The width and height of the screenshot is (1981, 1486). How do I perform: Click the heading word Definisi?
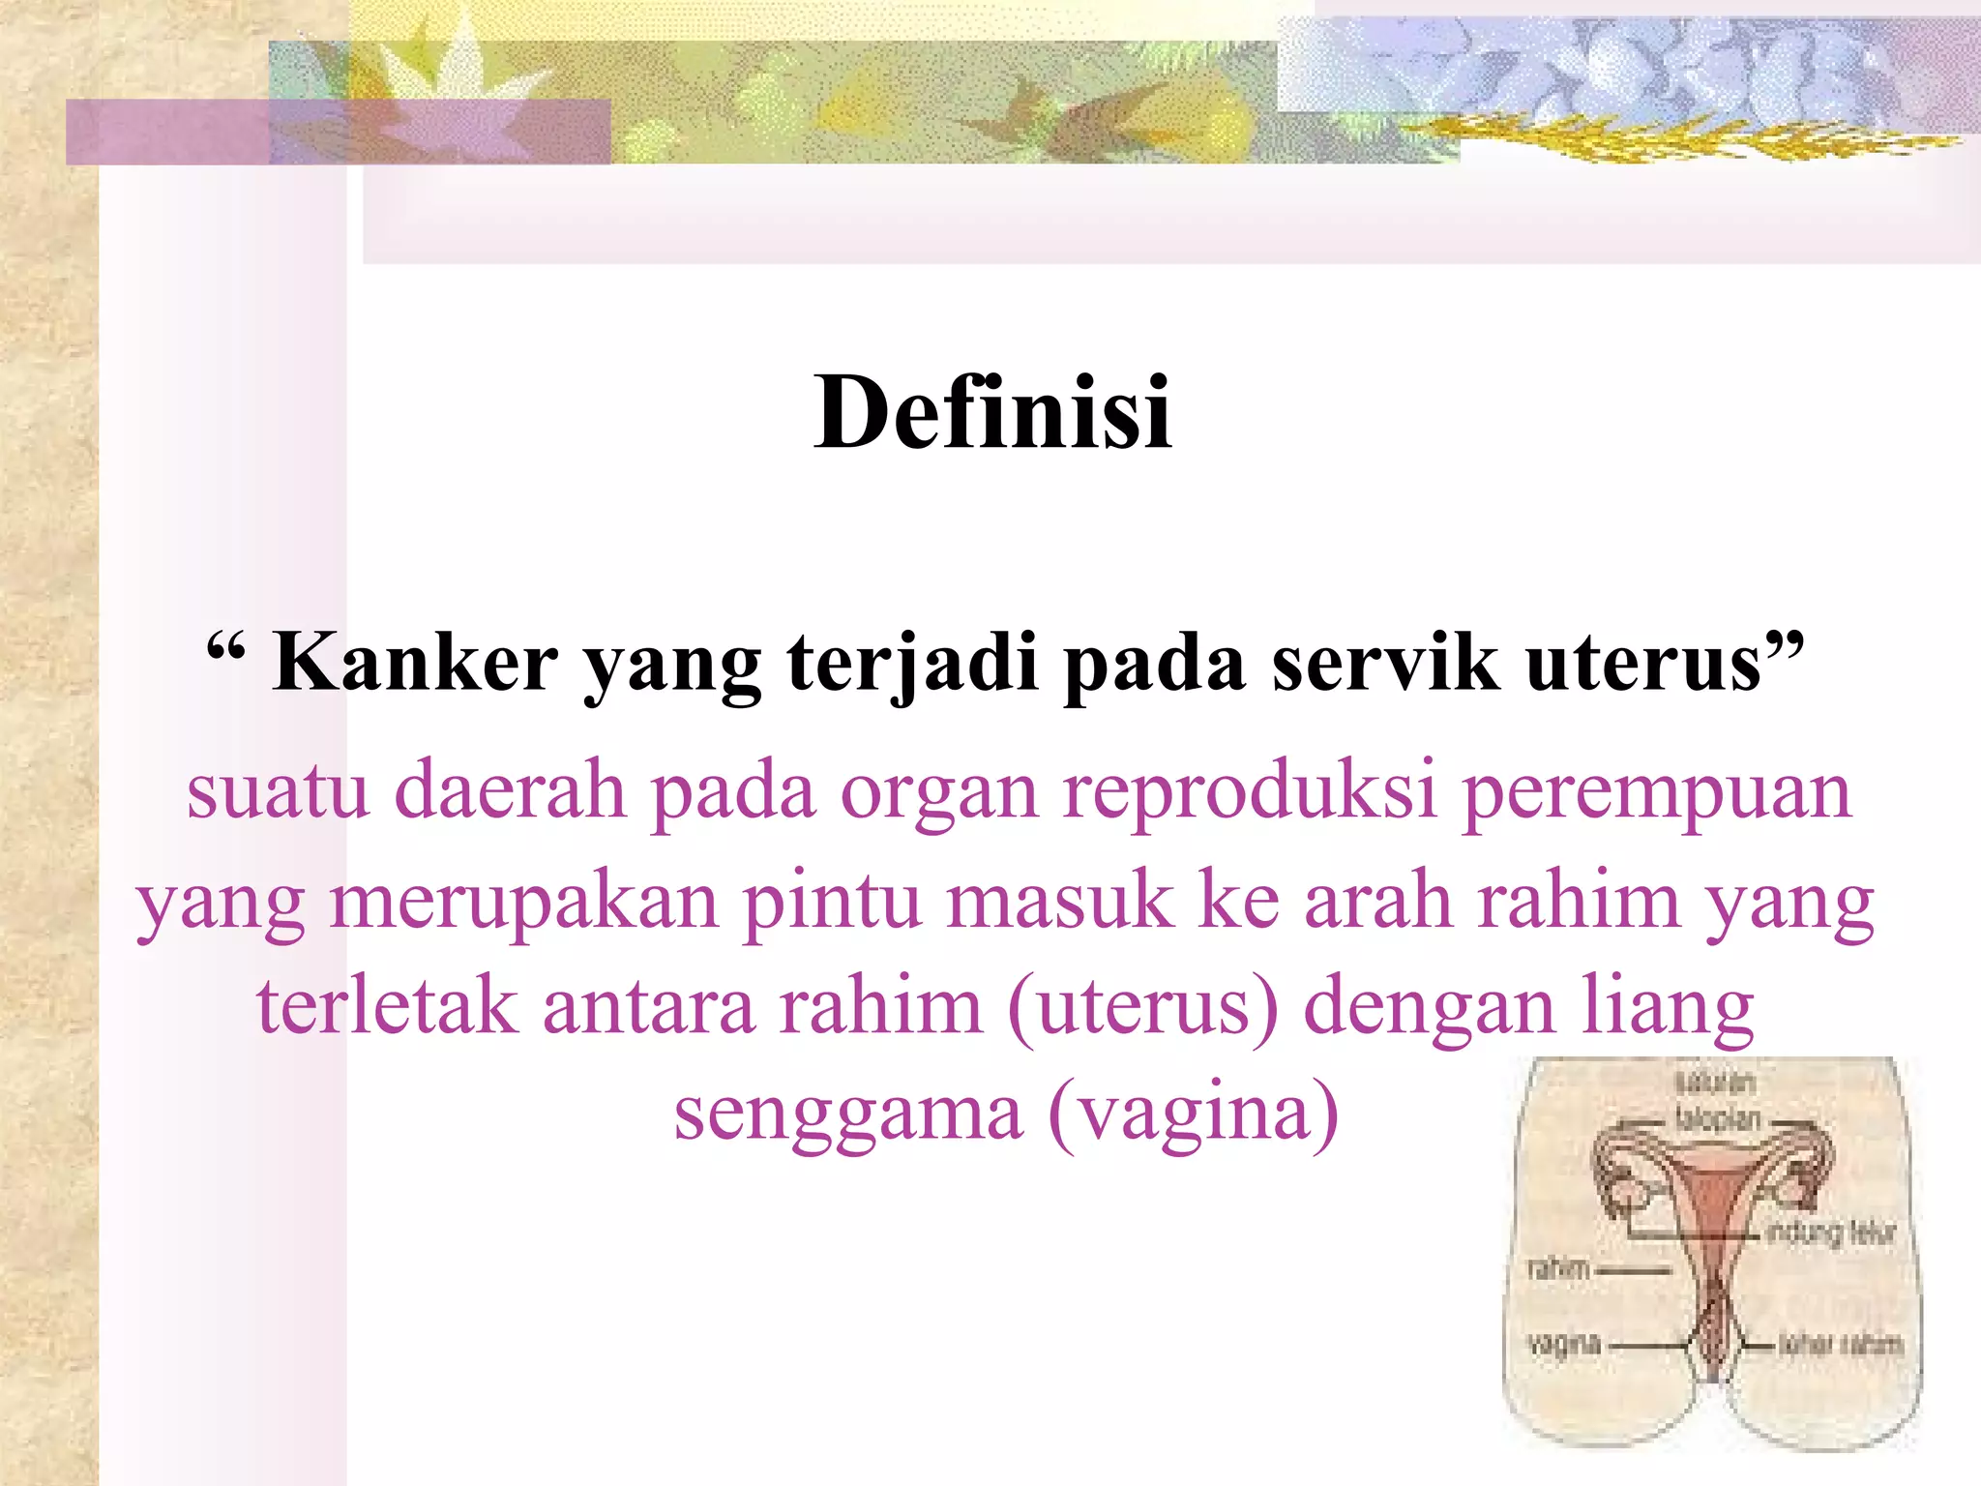992,414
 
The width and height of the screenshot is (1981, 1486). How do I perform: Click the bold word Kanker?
415,663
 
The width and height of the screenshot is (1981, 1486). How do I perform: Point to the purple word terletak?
387,1006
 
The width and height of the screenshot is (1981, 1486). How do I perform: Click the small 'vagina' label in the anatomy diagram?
1563,1344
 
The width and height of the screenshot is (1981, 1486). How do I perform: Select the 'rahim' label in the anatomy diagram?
1559,1268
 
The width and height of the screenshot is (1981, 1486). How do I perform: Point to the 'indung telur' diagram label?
1830,1233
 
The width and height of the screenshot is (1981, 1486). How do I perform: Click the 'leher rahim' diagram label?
1840,1344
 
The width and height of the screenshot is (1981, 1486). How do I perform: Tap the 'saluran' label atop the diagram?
1715,1083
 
